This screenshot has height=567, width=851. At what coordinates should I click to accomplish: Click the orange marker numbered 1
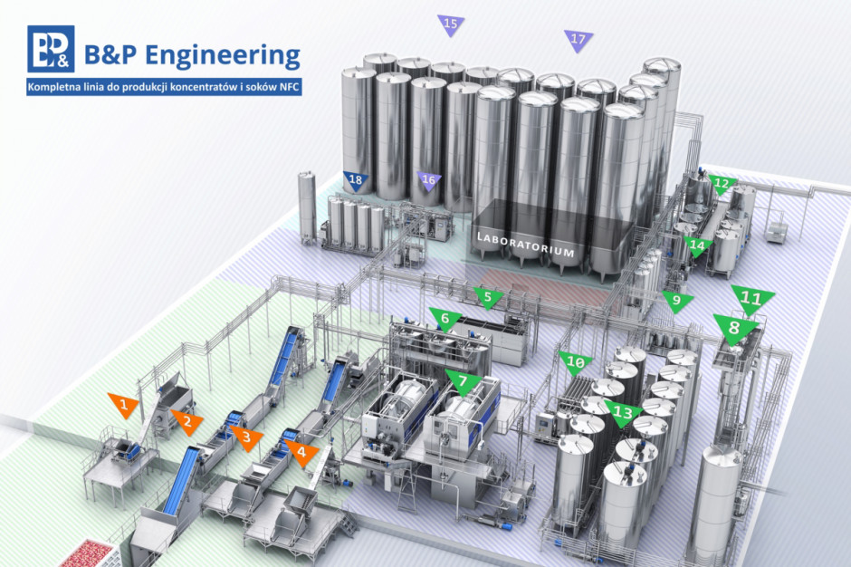(x=125, y=404)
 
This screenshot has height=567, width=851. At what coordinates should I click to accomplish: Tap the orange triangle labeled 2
(x=187, y=421)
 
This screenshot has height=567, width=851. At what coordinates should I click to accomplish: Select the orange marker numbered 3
(x=246, y=437)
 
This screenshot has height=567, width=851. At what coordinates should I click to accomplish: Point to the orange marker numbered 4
(x=301, y=452)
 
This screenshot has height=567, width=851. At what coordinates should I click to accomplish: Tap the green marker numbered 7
(x=463, y=382)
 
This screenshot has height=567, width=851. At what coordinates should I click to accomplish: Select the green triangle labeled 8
(x=735, y=328)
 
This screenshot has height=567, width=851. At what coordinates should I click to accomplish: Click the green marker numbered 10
(x=575, y=363)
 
